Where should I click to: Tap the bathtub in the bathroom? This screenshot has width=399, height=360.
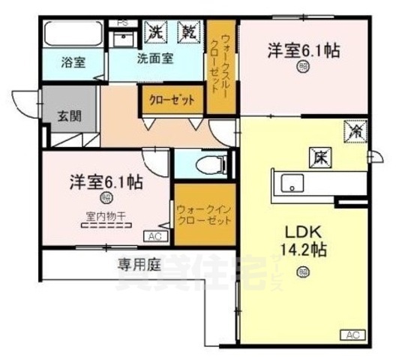coord(73,35)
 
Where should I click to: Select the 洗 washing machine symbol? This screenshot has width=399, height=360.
coord(154,32)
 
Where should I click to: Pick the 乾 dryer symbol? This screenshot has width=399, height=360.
coord(187,32)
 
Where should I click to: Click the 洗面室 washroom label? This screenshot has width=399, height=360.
coord(155,59)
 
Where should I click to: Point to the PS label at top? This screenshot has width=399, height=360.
coord(123,22)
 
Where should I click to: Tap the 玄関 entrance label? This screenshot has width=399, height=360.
coord(69,116)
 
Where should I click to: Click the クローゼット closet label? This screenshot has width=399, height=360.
coord(172,100)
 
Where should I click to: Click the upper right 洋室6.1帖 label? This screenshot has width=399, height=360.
coord(303,51)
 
